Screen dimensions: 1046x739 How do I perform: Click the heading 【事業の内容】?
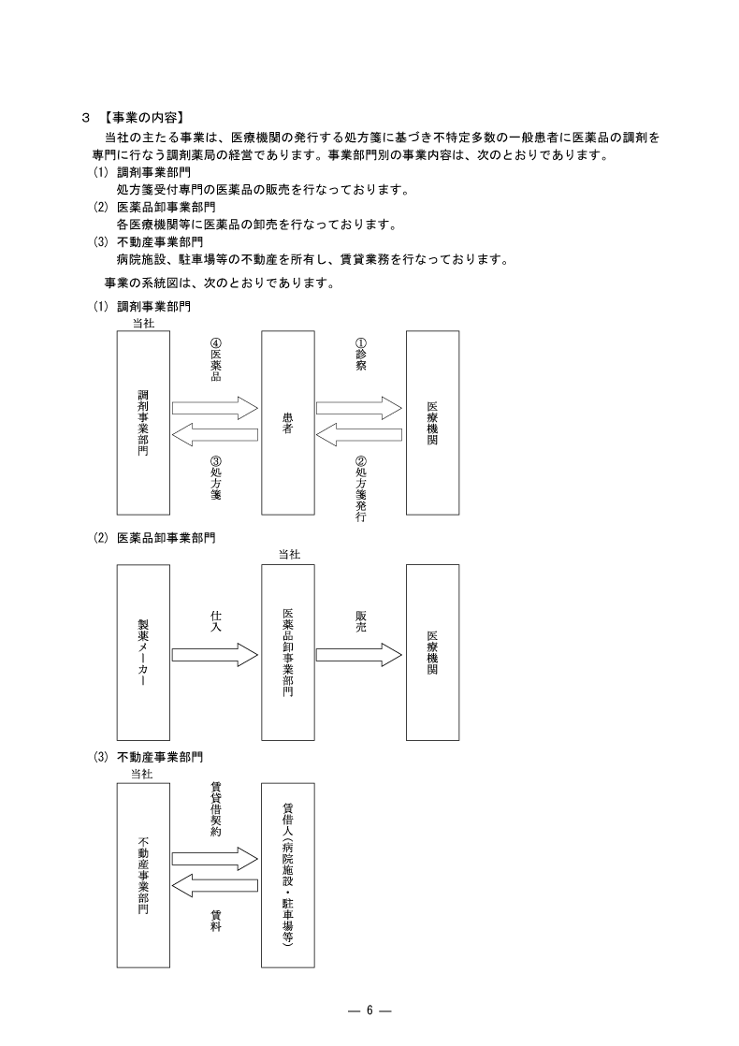click(143, 118)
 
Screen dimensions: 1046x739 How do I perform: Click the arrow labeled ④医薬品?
click(215, 408)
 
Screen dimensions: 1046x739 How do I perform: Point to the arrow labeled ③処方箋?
click(215, 434)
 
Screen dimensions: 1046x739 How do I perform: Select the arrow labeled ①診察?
click(359, 408)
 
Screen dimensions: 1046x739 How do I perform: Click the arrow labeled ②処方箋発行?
click(359, 434)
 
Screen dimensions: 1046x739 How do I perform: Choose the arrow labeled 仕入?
click(215, 654)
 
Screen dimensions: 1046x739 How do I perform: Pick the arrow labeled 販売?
click(359, 654)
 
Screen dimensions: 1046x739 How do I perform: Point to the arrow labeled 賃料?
click(215, 884)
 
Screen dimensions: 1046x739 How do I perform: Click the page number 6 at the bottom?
click(369, 1010)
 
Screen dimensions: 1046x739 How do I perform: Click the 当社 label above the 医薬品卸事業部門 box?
click(288, 555)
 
